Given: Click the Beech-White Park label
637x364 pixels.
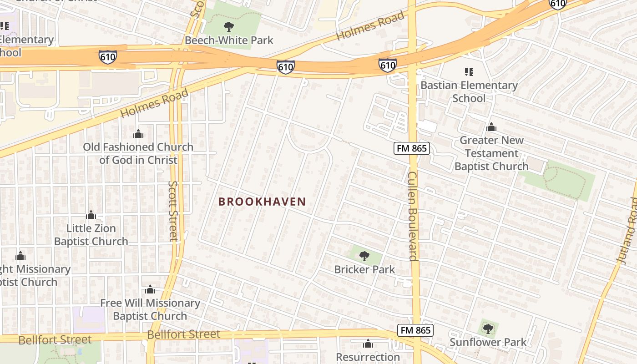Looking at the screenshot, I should tap(229, 40).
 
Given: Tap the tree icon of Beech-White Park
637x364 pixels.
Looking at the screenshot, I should tap(229, 26).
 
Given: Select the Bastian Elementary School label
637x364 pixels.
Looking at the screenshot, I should tap(469, 91).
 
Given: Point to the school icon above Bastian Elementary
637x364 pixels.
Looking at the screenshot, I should tap(469, 72).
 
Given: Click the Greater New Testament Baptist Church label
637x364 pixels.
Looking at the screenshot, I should tap(491, 153).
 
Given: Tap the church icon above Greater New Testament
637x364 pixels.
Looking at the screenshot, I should tap(491, 127).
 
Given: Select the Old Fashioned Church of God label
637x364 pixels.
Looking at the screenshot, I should tap(138, 153).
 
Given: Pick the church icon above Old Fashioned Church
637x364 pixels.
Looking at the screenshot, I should tap(138, 134).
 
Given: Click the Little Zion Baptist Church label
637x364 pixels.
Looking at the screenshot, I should tap(91, 235).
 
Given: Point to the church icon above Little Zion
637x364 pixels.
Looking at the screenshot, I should tap(91, 215).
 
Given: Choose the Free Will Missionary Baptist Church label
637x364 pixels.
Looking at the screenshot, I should tap(150, 309).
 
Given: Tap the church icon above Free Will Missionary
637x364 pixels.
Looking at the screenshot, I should tap(150, 289).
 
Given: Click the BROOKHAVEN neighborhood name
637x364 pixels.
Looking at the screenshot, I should tap(262, 202).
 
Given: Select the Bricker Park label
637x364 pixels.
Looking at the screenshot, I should tap(364, 269).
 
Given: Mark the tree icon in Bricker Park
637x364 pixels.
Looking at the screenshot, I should tap(364, 256).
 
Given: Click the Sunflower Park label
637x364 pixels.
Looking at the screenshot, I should tap(488, 342).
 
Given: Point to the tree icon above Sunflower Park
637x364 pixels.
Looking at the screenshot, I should tap(488, 329).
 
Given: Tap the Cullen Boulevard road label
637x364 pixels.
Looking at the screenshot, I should tap(412, 216).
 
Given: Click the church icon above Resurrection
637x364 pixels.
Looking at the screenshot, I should tap(368, 344).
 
